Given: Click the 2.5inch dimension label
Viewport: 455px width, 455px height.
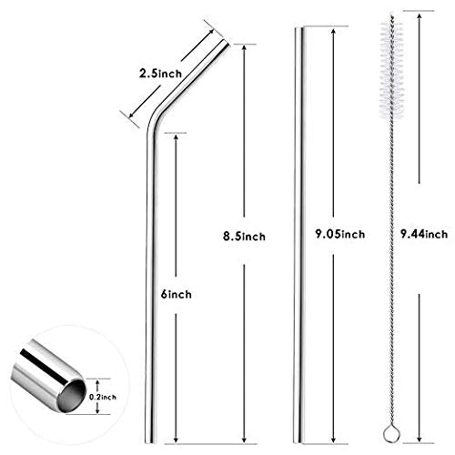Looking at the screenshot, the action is click(160, 74).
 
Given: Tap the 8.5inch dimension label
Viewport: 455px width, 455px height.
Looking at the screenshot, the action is click(244, 237).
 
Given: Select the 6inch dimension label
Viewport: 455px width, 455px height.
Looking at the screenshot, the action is click(177, 294).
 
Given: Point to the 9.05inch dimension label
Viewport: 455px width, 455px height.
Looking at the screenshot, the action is click(340, 234).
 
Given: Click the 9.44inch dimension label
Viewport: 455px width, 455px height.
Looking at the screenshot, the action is click(424, 234).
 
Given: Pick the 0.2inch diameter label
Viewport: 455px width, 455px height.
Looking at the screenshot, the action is click(103, 397).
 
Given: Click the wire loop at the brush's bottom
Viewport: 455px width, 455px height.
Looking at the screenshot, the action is click(391, 435).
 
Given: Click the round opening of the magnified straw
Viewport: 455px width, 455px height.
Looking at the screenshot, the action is click(72, 396).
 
